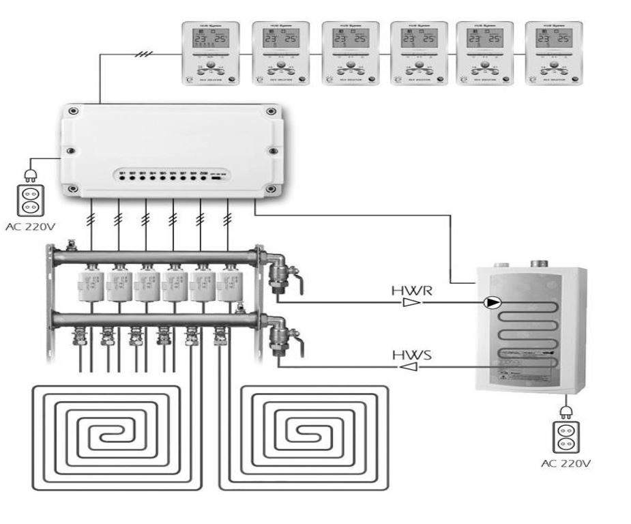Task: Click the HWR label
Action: click(407, 291)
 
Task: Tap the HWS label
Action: click(407, 355)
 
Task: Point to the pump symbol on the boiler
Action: click(490, 302)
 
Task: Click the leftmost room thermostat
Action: click(210, 53)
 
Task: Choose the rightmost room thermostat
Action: click(554, 53)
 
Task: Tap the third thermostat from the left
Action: click(348, 53)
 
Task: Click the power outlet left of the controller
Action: click(30, 199)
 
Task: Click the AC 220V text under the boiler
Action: click(565, 464)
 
